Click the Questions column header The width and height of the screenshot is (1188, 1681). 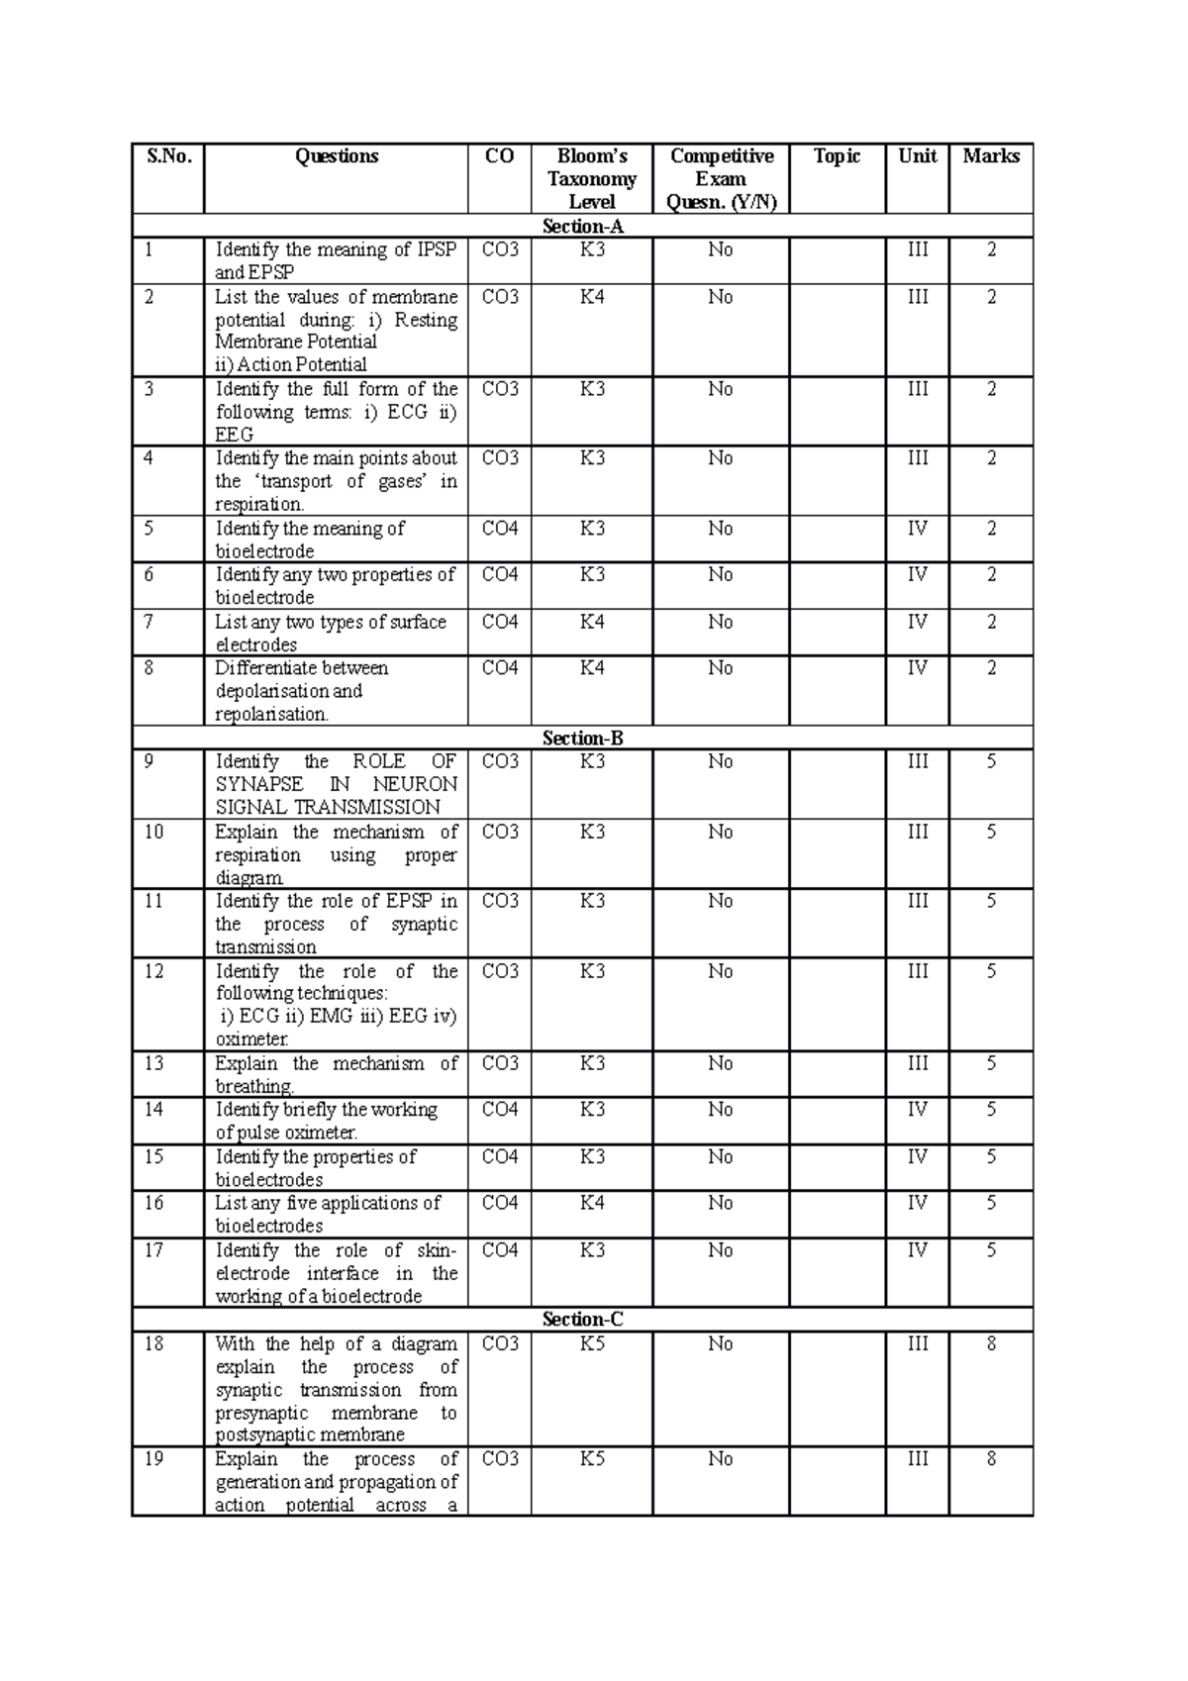[x=337, y=156]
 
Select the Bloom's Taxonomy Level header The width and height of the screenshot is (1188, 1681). [x=591, y=179]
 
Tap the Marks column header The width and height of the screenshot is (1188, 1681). [x=990, y=156]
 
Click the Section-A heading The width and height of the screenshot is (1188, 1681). [x=582, y=227]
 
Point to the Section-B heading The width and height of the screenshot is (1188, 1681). [x=582, y=739]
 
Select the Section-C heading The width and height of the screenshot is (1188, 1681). [x=582, y=1320]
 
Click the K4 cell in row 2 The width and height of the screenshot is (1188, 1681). [x=591, y=297]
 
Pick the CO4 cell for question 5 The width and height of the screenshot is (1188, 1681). [x=499, y=529]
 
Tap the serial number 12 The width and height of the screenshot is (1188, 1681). [x=153, y=971]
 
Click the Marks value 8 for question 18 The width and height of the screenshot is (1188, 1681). [x=990, y=1343]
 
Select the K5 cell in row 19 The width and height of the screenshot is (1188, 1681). [x=591, y=1459]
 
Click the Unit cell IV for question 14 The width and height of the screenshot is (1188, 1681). [x=917, y=1110]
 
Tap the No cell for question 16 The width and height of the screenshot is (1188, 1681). [x=720, y=1203]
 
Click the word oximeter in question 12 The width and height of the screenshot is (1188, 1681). [x=251, y=1039]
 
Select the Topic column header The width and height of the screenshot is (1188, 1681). [x=837, y=156]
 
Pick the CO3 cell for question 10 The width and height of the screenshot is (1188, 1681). [x=499, y=832]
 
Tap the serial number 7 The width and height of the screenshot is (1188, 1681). [x=148, y=622]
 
